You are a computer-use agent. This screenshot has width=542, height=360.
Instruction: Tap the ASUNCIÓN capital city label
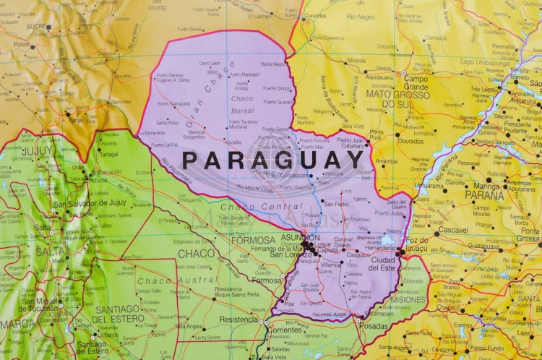(x=301, y=237)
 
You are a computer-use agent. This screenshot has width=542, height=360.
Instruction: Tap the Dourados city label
(x=410, y=141)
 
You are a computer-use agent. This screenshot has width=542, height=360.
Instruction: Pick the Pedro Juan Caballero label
(x=350, y=143)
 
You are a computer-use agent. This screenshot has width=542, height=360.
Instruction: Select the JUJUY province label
(x=35, y=151)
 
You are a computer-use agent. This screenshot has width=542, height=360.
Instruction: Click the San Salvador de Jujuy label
(x=90, y=203)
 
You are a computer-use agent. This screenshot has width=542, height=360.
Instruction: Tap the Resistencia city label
(x=238, y=319)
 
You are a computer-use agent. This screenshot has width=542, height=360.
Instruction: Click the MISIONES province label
(x=408, y=299)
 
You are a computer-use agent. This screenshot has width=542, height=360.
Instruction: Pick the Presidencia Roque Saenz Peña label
(x=238, y=292)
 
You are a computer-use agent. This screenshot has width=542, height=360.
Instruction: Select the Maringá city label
(x=486, y=186)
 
